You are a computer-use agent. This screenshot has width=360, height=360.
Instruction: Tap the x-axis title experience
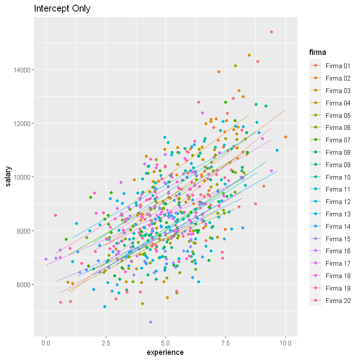165,352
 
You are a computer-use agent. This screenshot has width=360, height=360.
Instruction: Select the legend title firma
318,53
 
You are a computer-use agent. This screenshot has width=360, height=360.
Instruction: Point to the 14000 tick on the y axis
22,69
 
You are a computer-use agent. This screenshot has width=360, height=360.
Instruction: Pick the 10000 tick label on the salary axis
22,177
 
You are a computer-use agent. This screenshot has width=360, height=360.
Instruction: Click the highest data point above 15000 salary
272,32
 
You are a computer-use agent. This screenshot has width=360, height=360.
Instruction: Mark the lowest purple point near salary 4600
150,322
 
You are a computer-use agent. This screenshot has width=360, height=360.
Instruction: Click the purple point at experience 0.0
46,259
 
